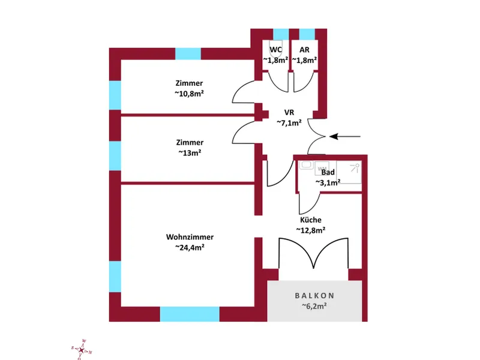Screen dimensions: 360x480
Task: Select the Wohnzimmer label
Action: coord(190,237)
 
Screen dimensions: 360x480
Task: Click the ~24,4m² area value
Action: coord(190,247)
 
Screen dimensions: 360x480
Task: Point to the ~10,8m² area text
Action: coord(190,94)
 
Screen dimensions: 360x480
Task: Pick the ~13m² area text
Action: coord(190,152)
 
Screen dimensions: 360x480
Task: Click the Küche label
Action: coord(311,220)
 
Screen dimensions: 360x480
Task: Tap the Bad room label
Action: coord(328,172)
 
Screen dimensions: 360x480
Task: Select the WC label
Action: coord(276,50)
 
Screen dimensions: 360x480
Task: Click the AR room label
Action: coord(305,50)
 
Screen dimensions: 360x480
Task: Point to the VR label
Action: coord(289,112)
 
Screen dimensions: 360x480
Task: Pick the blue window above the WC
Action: coord(280,34)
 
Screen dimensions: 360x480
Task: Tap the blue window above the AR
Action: coord(307,34)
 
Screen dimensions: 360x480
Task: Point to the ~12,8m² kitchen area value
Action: coord(311,230)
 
